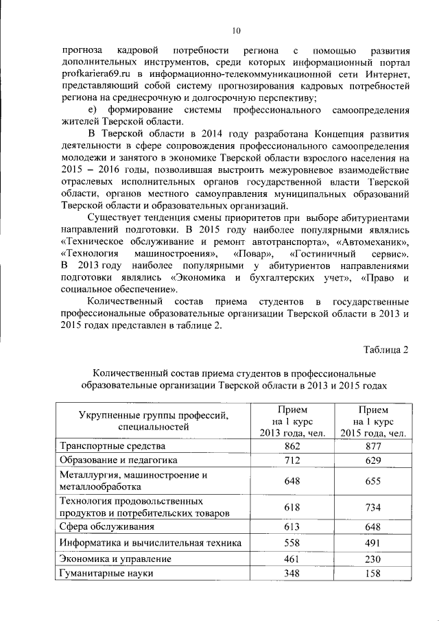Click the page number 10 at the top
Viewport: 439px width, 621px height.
coord(236,30)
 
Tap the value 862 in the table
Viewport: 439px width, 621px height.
coord(291,445)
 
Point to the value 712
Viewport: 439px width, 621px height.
coord(291,460)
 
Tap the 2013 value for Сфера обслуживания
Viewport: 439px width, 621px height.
coord(291,527)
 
